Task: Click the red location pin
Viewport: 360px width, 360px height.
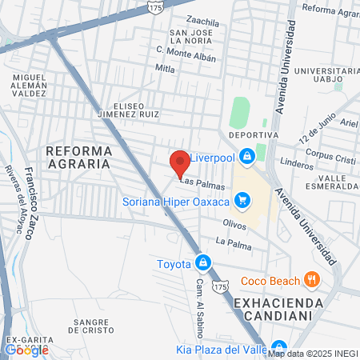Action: coord(180,162)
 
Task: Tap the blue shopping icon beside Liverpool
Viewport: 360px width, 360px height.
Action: coord(248,155)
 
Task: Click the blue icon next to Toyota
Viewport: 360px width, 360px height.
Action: coord(204,262)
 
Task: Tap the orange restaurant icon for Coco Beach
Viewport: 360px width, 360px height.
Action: coord(311,280)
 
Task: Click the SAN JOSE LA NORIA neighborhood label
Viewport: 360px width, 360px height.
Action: coord(190,37)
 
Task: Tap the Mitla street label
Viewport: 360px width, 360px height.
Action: coord(165,69)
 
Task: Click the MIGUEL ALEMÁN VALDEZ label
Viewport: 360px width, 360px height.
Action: coord(30,85)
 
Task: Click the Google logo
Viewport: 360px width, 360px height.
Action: coord(26,349)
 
